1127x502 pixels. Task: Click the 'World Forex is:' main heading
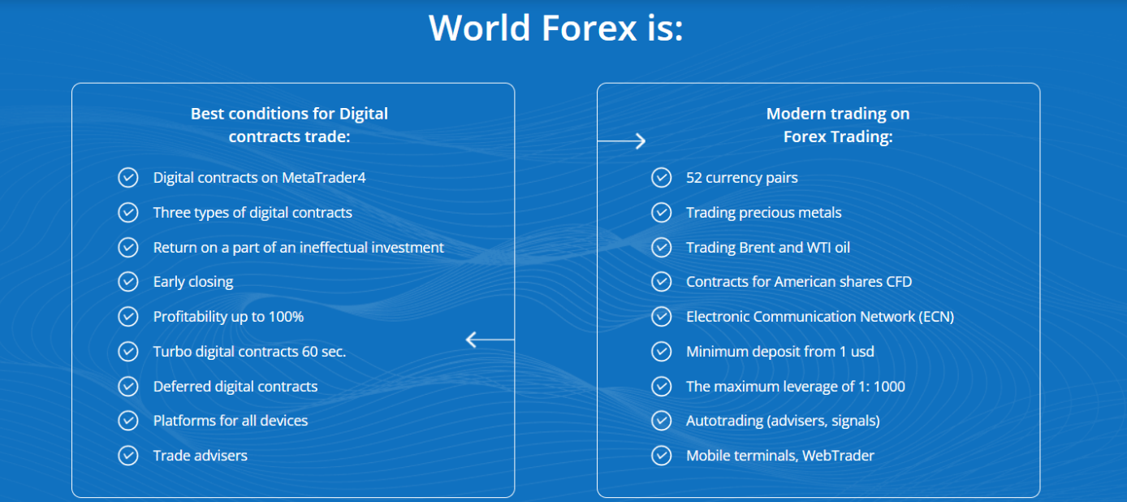[x=555, y=28]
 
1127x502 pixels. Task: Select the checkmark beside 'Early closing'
[x=128, y=282]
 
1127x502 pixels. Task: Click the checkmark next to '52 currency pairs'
[x=661, y=177]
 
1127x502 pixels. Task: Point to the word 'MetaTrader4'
[x=324, y=177]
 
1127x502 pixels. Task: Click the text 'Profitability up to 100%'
[x=228, y=317]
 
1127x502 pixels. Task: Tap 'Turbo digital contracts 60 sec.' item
[x=249, y=352]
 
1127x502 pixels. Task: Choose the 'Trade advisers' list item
[x=200, y=456]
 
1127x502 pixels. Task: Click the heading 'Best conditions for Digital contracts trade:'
[x=289, y=125]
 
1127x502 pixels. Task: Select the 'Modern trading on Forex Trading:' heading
[x=838, y=125]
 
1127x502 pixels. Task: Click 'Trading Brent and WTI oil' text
[x=768, y=247]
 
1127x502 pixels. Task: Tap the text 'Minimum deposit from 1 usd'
[x=779, y=352]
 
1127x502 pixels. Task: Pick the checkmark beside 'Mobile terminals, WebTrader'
[x=661, y=456]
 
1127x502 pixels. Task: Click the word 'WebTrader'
[x=838, y=456]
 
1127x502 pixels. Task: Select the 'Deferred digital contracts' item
[x=235, y=387]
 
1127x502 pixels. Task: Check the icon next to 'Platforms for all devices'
[x=128, y=421]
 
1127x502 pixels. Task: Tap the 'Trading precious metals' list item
[x=763, y=213]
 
